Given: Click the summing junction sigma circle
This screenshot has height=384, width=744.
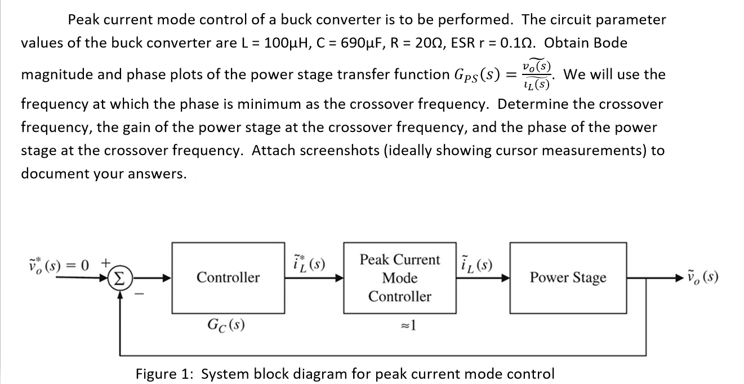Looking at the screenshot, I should (119, 278).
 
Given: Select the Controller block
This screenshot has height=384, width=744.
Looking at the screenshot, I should (228, 277).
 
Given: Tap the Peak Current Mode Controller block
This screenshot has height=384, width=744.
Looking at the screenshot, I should (400, 278).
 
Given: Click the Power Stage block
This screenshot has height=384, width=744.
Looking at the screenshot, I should (568, 277).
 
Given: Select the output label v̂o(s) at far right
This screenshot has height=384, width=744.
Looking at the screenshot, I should (702, 277).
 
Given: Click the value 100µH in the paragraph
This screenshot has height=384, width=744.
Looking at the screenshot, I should (280, 43).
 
